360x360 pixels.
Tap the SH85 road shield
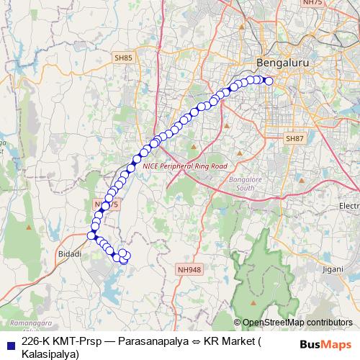(122, 56)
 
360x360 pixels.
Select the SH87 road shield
(294, 138)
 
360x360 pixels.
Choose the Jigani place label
(333, 269)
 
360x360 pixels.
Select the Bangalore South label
(241, 183)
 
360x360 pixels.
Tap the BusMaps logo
(325, 343)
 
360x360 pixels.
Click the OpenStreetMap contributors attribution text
(297, 323)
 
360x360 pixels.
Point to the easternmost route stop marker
(269, 81)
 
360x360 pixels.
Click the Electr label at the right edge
(348, 207)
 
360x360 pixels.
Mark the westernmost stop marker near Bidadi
(91, 235)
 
